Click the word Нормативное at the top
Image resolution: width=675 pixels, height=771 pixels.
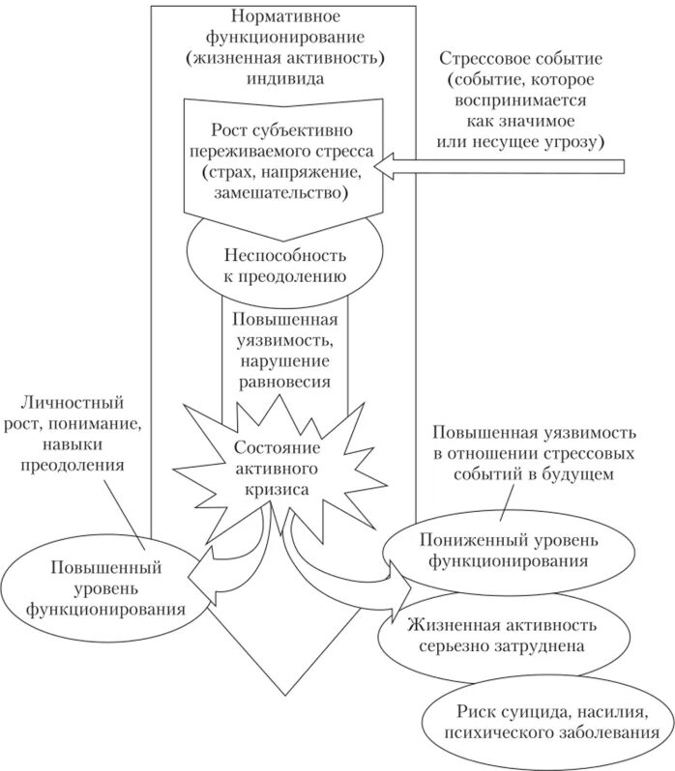click(284, 17)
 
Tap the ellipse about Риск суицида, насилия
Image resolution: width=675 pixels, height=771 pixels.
click(546, 721)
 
